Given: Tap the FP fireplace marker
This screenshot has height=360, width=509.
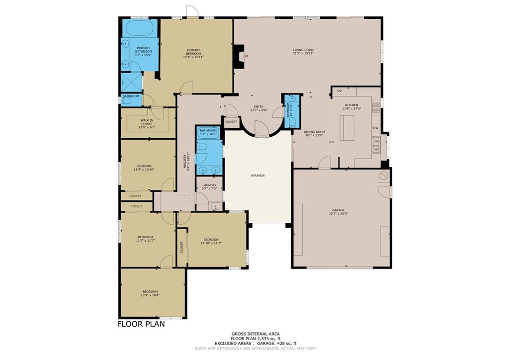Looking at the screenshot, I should coord(246,56).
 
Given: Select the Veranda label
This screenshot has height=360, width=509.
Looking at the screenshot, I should coord(257,176).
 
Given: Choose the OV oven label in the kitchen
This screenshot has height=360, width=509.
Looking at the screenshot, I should coord(339,91).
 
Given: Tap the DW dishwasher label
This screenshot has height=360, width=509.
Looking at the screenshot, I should coord(376,128).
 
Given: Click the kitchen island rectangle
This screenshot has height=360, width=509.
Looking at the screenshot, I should coord(347,123).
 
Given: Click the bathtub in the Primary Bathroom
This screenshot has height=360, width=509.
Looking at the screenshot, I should coord(140,28).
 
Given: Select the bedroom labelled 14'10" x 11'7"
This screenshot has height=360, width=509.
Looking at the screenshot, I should coord(211,241).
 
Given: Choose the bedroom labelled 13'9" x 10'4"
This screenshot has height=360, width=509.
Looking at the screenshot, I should coord(150,293).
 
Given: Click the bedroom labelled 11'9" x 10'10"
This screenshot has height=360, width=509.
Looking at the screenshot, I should coord(144,168).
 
